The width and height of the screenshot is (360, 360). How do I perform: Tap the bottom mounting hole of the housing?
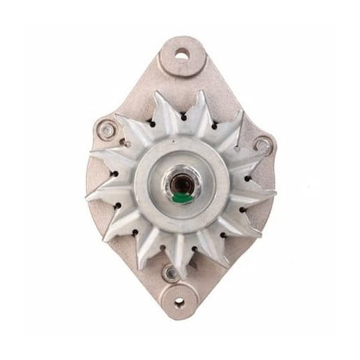(180, 301)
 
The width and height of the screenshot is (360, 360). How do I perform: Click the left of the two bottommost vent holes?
(161, 247)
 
